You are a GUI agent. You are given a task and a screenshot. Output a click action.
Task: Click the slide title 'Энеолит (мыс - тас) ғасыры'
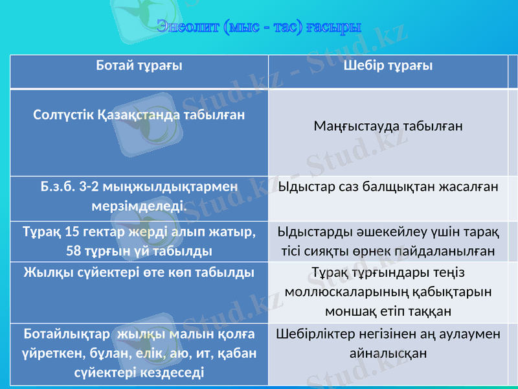tap(259, 27)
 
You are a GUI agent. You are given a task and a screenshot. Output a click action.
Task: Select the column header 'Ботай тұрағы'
tap(139, 65)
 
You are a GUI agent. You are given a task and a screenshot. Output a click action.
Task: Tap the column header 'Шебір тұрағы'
tap(388, 65)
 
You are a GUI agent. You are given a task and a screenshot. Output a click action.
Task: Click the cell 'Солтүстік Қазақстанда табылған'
tap(139, 115)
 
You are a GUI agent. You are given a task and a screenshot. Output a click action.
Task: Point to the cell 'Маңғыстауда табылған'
tap(388, 125)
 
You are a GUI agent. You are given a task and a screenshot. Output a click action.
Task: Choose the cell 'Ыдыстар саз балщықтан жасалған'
tap(388, 187)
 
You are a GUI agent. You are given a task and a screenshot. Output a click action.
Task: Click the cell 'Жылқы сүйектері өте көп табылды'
tap(139, 272)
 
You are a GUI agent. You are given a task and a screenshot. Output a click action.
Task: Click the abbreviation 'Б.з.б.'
tap(58, 187)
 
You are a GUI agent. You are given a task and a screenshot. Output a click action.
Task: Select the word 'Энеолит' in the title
tap(187, 27)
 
